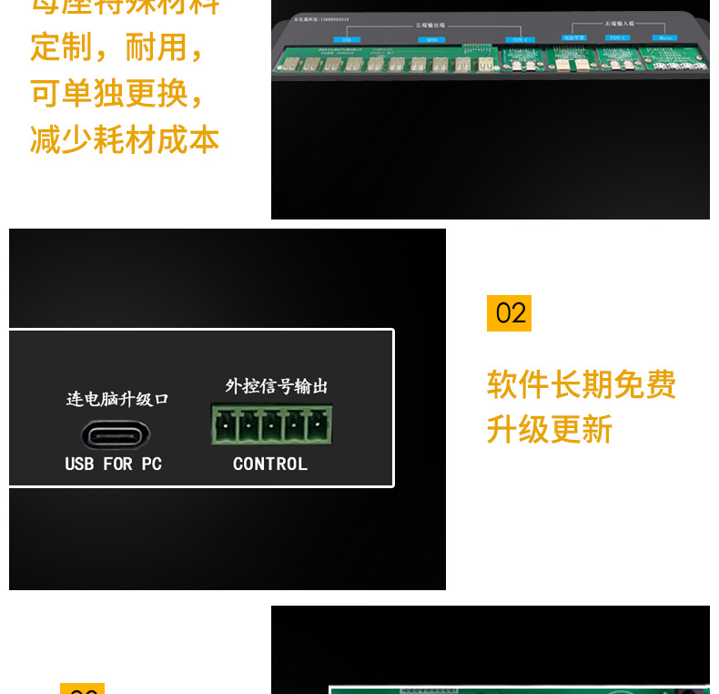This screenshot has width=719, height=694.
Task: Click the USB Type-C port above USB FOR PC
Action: [116, 434]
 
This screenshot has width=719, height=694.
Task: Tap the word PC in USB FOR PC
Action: [151, 464]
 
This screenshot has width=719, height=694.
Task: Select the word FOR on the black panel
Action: [117, 464]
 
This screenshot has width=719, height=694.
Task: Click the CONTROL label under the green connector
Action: [270, 464]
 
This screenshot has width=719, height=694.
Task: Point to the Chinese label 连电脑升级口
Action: [117, 399]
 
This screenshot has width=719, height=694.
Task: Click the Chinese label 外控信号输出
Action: [277, 386]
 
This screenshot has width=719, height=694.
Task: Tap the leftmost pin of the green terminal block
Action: [224, 425]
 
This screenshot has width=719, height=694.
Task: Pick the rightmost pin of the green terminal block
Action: [319, 425]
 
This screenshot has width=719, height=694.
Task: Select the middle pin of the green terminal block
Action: [271, 425]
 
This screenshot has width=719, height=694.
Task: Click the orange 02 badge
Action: [510, 313]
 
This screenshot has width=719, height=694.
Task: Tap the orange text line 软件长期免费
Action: [582, 384]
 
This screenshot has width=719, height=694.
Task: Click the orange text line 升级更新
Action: [550, 429]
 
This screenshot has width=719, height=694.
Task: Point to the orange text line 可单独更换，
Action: [118, 93]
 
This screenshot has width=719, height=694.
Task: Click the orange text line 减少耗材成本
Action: [125, 140]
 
